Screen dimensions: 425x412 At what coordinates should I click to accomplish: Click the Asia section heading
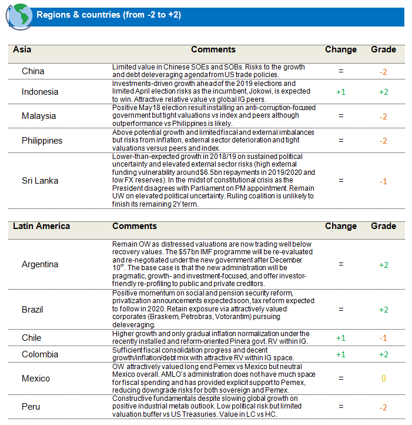[22, 50]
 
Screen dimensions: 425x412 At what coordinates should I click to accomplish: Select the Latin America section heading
[41, 226]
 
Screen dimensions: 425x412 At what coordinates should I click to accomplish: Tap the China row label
[33, 72]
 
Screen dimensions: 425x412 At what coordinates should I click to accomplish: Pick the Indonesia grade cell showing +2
[383, 92]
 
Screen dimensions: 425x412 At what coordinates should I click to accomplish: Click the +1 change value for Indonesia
[340, 92]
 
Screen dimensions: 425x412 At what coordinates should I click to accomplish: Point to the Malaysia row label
[39, 116]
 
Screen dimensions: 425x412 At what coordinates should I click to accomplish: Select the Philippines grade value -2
[383, 141]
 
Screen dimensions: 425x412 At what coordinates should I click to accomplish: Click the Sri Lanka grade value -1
[383, 181]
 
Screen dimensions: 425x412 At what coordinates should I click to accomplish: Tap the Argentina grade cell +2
[383, 265]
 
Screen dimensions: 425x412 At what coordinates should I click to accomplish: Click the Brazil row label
[32, 310]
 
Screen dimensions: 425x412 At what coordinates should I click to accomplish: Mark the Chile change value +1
[340, 338]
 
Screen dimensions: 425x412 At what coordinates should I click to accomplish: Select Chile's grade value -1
[383, 338]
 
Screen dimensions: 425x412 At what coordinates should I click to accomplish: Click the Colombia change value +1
[340, 354]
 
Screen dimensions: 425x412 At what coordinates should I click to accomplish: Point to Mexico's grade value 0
[383, 378]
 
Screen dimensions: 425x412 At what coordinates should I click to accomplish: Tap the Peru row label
[31, 407]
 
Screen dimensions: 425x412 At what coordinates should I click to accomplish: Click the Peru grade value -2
[383, 407]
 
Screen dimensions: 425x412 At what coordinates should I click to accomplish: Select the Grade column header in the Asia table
[383, 50]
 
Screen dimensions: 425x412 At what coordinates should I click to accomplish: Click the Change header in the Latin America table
[340, 226]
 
